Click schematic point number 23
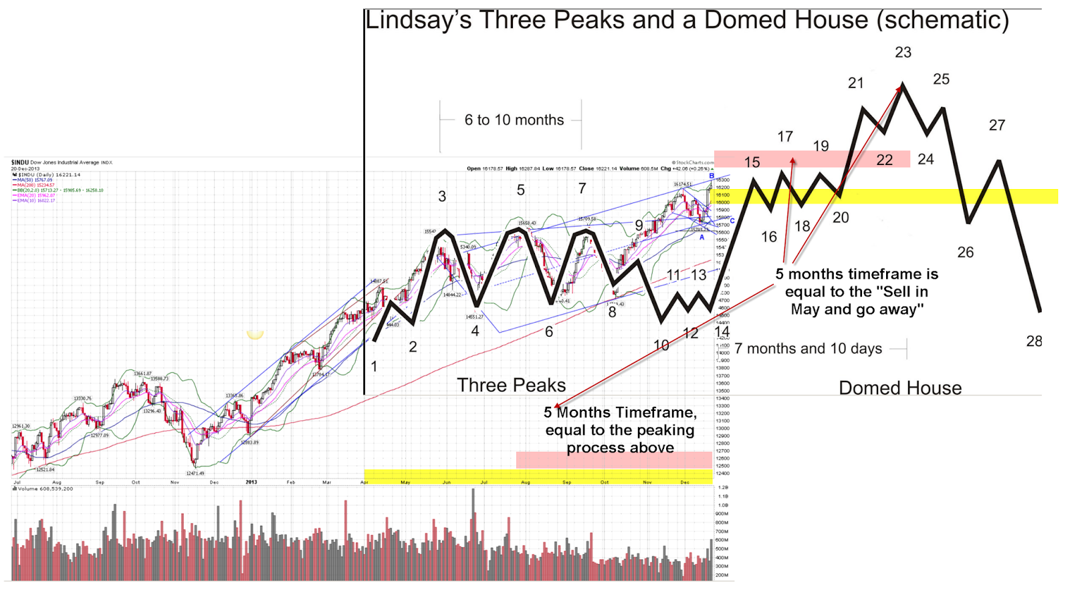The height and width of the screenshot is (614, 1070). [903, 52]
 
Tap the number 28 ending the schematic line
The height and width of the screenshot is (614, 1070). [1034, 341]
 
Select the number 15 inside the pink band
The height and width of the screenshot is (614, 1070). [752, 162]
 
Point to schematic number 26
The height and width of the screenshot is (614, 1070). [965, 253]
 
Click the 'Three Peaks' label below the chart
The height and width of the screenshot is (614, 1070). [511, 386]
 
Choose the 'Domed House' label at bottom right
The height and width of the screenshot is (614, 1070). [900, 388]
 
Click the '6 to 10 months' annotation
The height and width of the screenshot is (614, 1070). [514, 120]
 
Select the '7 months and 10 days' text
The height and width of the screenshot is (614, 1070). [808, 349]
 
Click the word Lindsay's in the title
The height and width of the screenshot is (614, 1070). [419, 21]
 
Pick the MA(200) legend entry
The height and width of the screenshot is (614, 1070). [34, 185]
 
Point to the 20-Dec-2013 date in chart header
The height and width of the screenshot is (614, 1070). [25, 169]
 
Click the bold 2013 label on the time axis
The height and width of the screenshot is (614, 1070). [251, 482]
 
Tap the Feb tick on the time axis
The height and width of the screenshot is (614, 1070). [291, 482]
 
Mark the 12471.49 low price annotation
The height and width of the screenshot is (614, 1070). [195, 474]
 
